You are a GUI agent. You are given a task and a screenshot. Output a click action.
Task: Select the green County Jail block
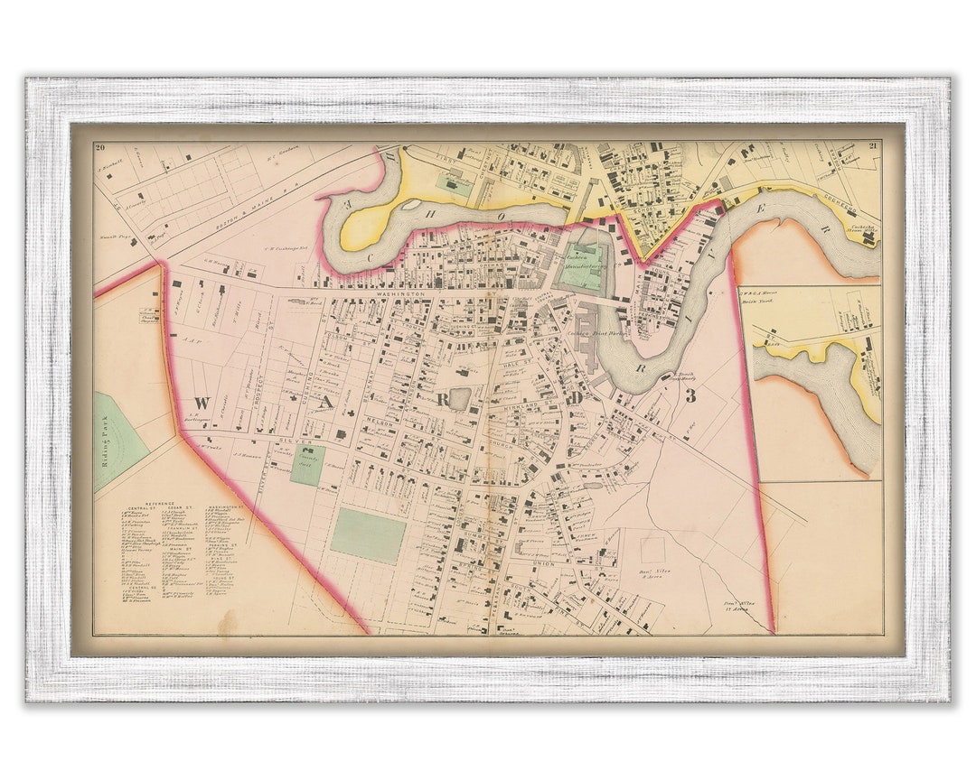pyautogui.click(x=307, y=464)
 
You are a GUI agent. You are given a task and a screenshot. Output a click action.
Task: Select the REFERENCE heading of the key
pyautogui.click(x=152, y=500)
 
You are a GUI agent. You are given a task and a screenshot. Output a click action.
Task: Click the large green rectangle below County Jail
pyautogui.click(x=367, y=535)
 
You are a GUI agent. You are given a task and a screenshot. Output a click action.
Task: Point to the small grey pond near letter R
pyautogui.click(x=460, y=398)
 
